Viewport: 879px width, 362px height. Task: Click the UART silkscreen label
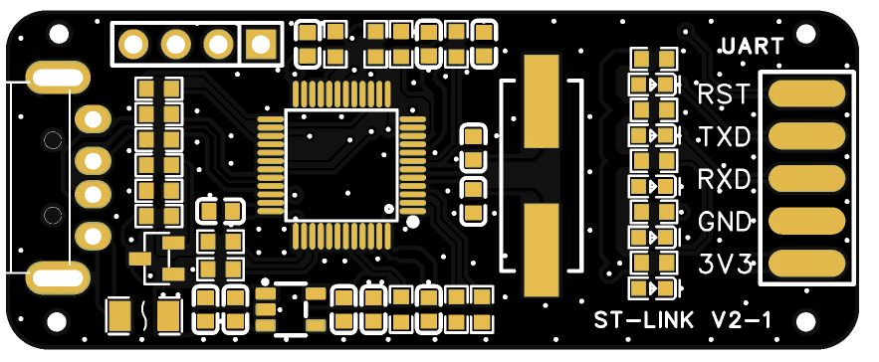pyautogui.click(x=753, y=46)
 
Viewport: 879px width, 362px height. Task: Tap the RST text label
pyautogui.click(x=724, y=94)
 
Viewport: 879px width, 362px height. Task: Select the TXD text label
pyautogui.click(x=726, y=136)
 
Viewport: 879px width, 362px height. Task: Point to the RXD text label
pyautogui.click(x=725, y=179)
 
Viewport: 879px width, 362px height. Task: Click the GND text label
pyautogui.click(x=725, y=223)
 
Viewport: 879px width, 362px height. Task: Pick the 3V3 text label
pyautogui.click(x=725, y=265)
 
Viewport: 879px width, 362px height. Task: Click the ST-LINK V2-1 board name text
pyautogui.click(x=682, y=321)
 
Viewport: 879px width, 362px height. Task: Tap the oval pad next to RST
pyautogui.click(x=806, y=93)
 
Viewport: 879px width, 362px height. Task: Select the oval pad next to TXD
pyautogui.click(x=806, y=136)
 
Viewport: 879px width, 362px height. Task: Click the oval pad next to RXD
pyautogui.click(x=806, y=179)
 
